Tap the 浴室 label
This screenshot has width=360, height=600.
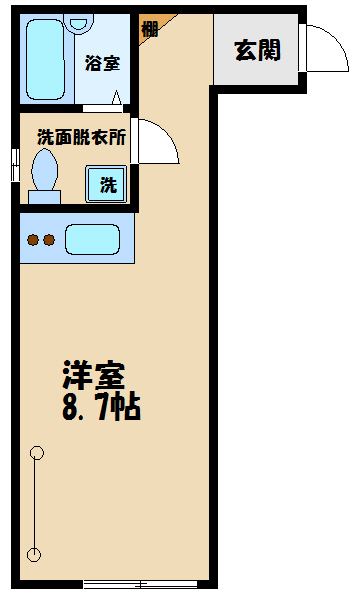click(103, 64)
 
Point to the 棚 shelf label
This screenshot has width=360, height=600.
click(150, 28)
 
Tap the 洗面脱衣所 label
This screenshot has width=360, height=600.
click(81, 137)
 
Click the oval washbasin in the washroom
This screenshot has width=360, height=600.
click(45, 171)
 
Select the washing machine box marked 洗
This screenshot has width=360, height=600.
click(106, 185)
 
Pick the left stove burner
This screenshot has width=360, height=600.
click(32, 240)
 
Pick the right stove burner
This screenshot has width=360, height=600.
click(48, 240)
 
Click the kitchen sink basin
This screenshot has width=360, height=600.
click(92, 240)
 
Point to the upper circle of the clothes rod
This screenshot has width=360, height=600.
click(37, 452)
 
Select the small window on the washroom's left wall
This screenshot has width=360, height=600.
click(13, 164)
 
